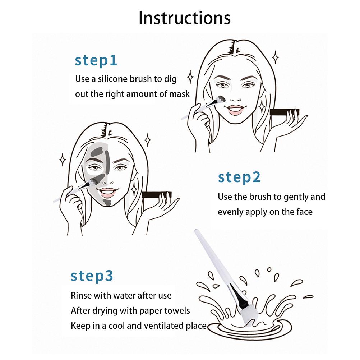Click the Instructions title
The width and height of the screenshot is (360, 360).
point(184,18)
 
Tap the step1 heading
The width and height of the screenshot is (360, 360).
point(96,61)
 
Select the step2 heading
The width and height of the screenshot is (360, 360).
point(239,177)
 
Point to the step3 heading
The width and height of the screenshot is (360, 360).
point(92,276)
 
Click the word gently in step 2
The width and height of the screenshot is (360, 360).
point(296,197)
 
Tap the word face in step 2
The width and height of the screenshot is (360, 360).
point(304,212)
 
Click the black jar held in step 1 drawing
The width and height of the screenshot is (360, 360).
point(285,112)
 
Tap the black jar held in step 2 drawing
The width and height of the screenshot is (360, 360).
point(157,195)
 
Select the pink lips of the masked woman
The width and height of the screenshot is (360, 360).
point(107,193)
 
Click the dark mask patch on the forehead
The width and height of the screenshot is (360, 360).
point(96,152)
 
